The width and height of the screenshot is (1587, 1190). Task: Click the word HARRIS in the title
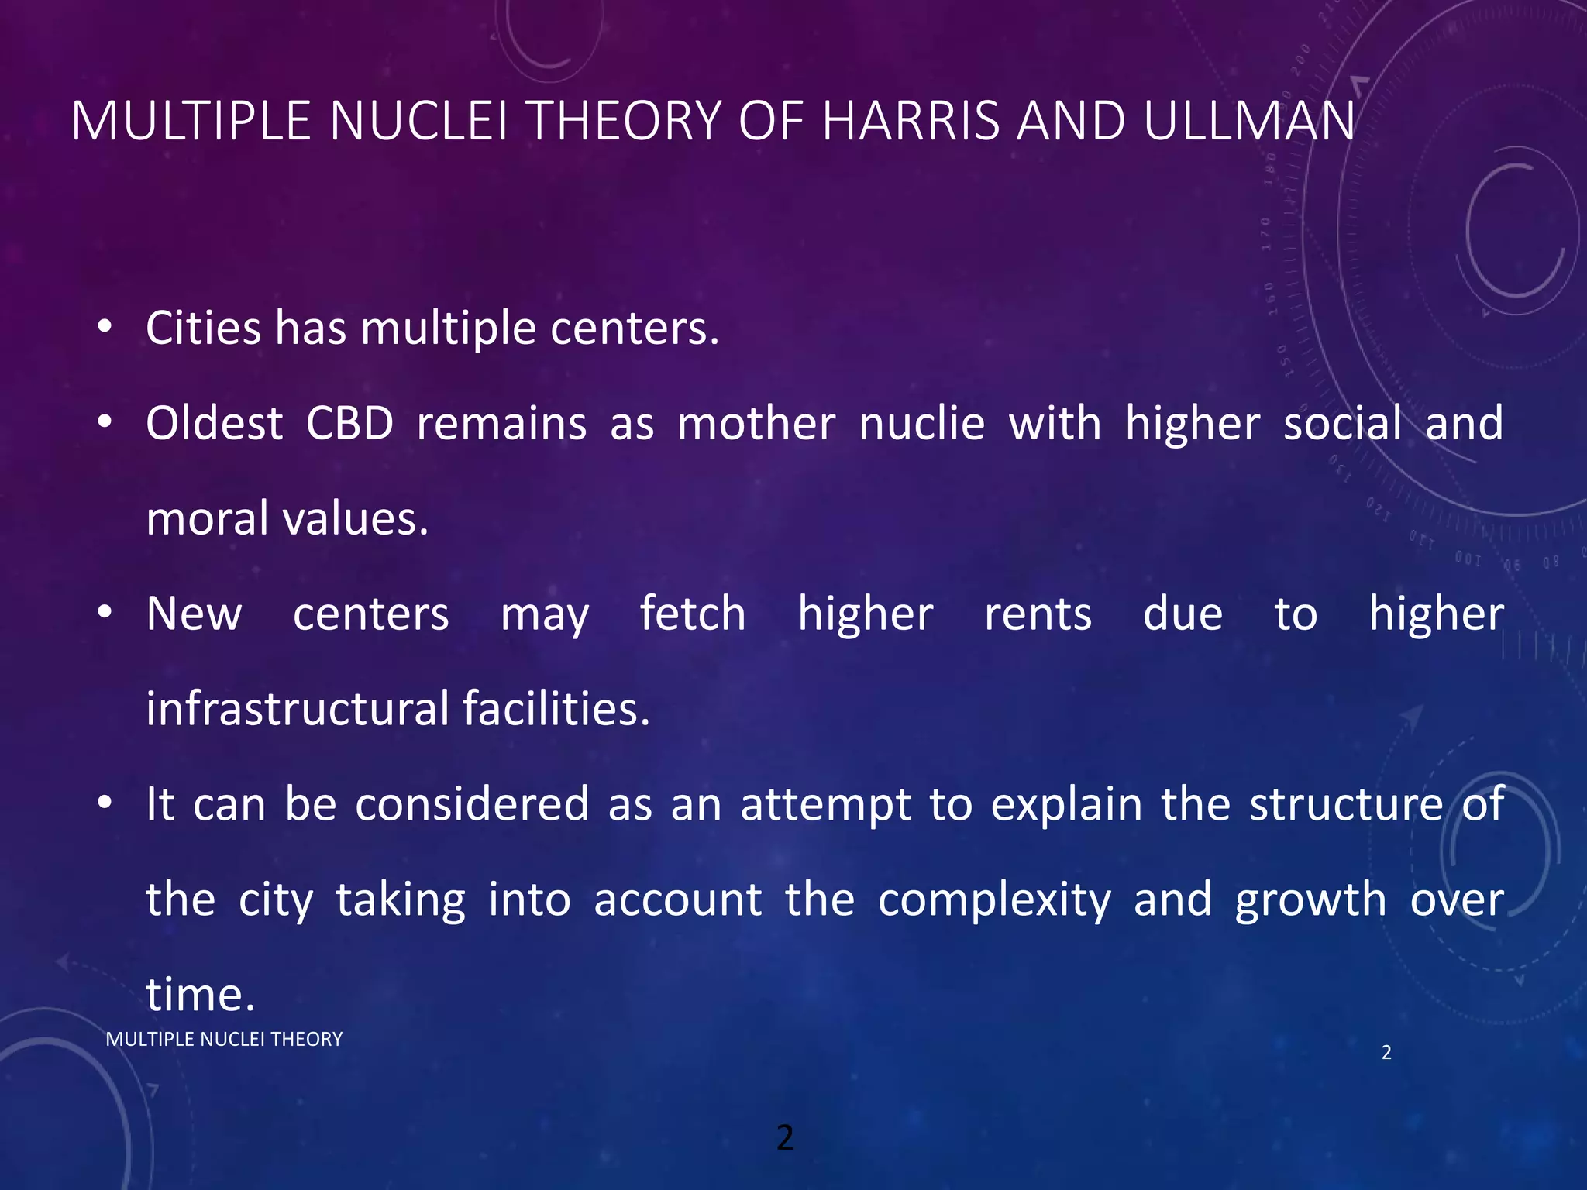[x=911, y=122]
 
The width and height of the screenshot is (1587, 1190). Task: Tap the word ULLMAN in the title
[x=1248, y=122]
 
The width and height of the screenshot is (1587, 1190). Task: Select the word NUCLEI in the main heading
[x=419, y=122]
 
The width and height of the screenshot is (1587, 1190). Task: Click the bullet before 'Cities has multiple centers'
[x=105, y=327]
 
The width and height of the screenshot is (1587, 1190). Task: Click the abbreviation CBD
[x=349, y=424]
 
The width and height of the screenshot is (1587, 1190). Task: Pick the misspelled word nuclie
[x=921, y=424]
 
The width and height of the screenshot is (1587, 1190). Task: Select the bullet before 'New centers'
[x=105, y=613]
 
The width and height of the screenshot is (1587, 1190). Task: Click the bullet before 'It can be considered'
[x=105, y=803]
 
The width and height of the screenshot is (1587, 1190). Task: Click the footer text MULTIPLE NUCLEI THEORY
[x=224, y=1040]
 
